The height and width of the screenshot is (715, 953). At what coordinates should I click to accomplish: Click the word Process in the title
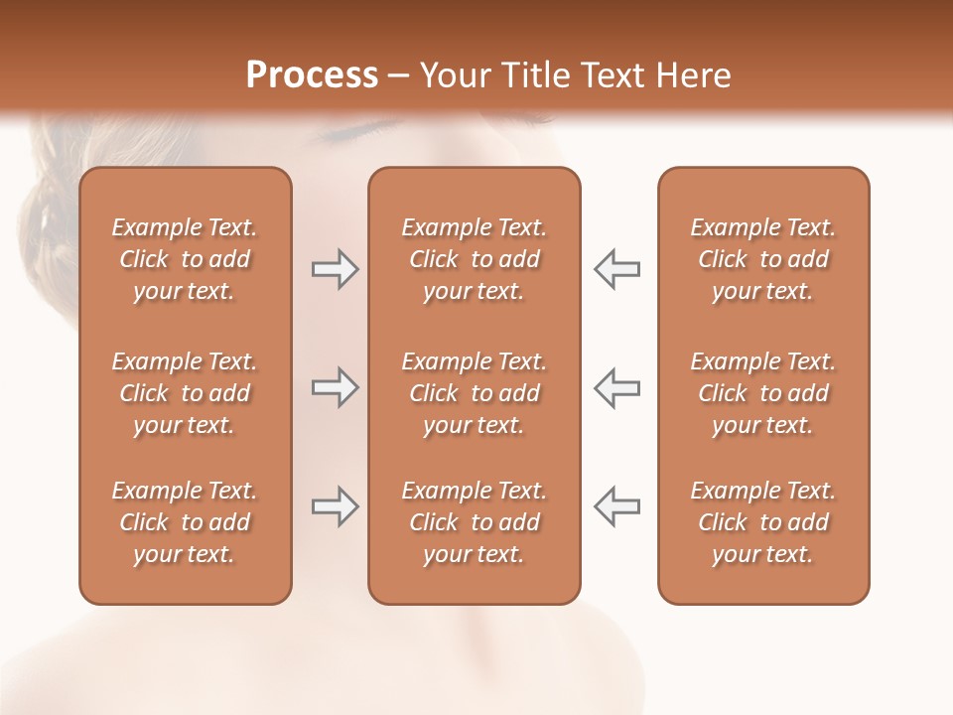click(312, 75)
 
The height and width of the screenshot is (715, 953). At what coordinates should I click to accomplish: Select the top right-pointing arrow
click(335, 269)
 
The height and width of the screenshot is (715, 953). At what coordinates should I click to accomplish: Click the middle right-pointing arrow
click(335, 387)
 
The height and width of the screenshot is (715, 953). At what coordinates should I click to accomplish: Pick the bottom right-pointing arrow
click(335, 506)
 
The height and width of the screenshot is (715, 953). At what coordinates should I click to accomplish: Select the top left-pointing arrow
click(617, 269)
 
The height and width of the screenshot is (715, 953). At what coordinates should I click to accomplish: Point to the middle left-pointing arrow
click(617, 387)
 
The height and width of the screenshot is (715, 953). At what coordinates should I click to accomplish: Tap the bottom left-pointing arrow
click(617, 506)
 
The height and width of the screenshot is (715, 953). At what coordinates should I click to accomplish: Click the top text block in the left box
click(185, 259)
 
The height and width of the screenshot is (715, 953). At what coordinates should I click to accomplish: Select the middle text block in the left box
click(185, 393)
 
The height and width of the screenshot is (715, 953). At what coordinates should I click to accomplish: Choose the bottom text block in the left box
click(185, 522)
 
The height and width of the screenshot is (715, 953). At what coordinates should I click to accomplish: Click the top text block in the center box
click(474, 259)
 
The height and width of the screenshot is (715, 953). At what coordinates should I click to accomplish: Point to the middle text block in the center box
click(474, 393)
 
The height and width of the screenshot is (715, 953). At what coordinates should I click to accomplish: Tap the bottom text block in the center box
click(474, 522)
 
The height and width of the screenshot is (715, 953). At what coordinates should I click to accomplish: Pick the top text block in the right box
click(763, 259)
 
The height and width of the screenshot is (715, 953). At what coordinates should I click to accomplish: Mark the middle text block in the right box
click(763, 393)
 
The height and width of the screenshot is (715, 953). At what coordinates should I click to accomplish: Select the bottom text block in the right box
click(763, 522)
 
